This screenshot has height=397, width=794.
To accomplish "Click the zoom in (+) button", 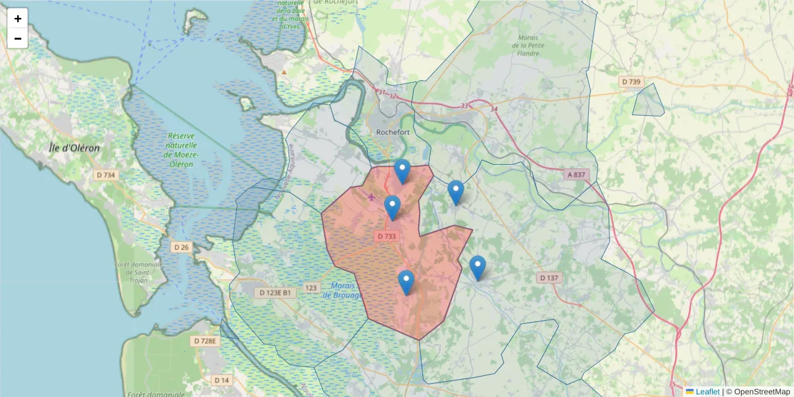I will click(x=18, y=19).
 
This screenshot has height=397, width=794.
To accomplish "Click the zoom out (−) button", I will click(x=18, y=38).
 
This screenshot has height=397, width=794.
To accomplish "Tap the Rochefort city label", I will click(x=394, y=132).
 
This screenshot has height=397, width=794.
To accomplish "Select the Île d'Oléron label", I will click(x=75, y=148).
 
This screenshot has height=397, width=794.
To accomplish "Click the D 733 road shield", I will click(x=387, y=236).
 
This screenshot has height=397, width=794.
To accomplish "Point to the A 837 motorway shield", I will click(x=576, y=175).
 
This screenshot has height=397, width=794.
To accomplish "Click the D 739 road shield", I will click(x=631, y=81).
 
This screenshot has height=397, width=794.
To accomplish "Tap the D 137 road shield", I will click(x=549, y=278).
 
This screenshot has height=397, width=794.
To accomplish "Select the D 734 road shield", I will click(x=106, y=175).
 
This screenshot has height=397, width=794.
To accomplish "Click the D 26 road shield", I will click(x=181, y=247).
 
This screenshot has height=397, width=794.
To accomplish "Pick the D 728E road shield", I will click(x=205, y=341).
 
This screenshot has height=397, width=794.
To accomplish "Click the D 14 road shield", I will click(x=222, y=380).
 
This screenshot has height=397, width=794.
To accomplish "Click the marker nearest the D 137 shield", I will click(x=477, y=268).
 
